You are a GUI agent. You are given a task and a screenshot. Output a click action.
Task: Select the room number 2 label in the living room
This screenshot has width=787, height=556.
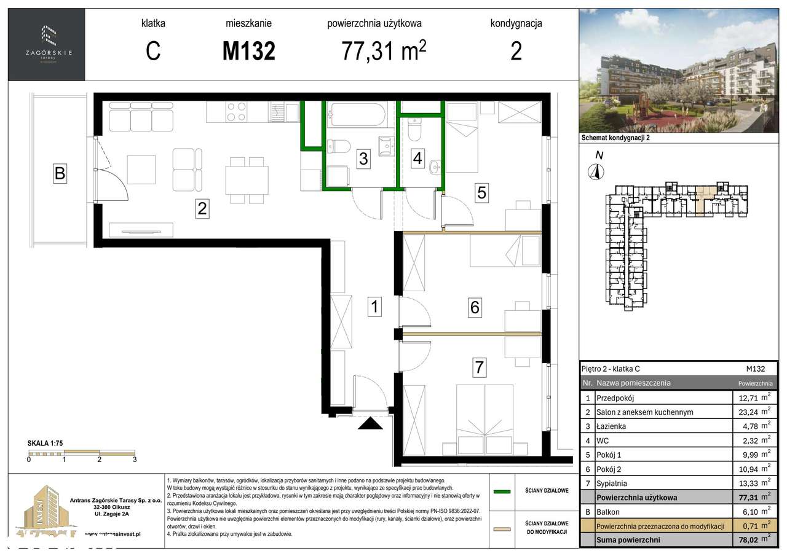[x=201, y=209]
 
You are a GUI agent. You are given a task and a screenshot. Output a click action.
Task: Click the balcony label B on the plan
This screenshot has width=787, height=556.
[x=60, y=173]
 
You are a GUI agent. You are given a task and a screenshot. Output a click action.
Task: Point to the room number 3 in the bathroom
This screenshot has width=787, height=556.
[x=363, y=159]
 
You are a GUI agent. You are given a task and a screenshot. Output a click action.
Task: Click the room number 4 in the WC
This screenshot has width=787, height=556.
[x=418, y=158]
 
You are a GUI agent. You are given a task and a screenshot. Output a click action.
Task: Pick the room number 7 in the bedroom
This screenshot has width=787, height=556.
[x=479, y=368]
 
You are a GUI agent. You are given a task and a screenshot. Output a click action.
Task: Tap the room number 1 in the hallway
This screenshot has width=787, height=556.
[x=374, y=306]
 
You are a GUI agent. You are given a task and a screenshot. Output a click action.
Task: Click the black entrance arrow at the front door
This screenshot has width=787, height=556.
[x=371, y=423]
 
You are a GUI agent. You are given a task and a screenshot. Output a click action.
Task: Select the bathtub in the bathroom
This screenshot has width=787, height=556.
[x=357, y=115]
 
